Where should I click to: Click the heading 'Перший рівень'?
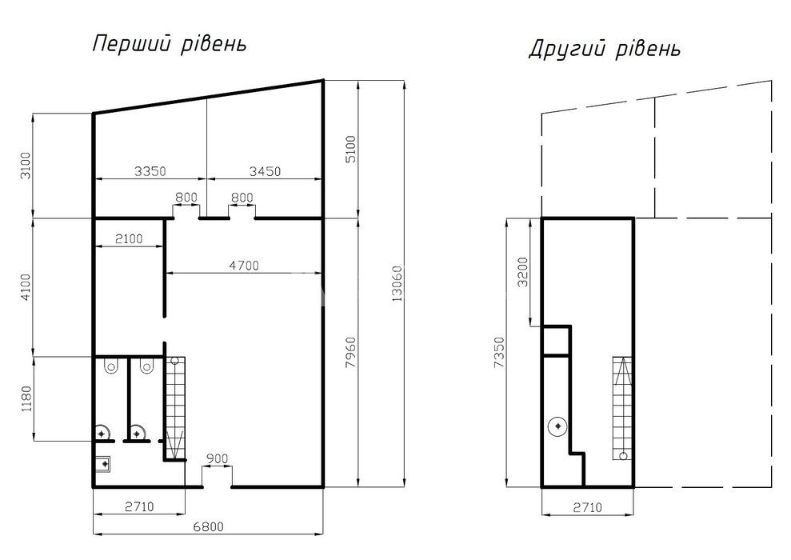170,44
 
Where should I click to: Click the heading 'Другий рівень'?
605,50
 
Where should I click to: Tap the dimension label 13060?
397,283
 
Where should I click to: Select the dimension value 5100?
351,149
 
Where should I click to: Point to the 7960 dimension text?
351,352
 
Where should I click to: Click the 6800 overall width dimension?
208,526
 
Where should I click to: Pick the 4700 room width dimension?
244,266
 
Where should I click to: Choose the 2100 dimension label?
129,238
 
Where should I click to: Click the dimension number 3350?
150,171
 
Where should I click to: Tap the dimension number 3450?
265,171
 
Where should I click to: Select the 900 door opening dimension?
218,459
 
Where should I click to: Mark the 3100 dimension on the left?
26,165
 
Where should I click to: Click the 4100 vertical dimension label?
26,286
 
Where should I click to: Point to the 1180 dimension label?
26,398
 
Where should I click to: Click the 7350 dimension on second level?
499,352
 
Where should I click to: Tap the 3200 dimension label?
522,272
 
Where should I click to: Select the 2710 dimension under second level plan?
588,506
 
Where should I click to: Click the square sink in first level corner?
103,464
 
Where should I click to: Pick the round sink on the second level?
557,427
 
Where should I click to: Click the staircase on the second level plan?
622,408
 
